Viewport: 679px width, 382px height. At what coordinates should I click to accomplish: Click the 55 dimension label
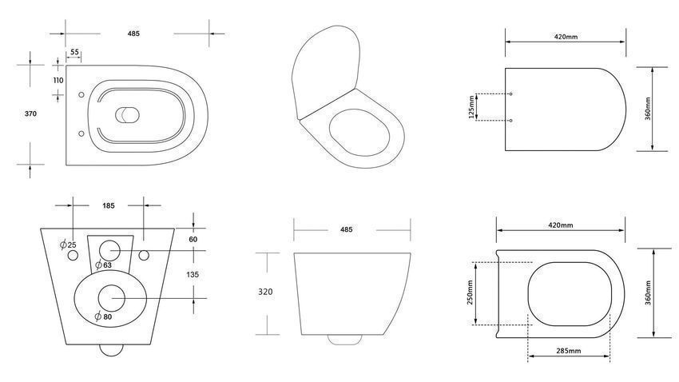(74, 52)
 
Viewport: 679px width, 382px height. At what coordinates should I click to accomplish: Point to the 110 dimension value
(58, 80)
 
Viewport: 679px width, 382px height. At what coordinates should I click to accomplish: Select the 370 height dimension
(30, 114)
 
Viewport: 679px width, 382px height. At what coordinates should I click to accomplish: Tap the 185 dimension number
(109, 205)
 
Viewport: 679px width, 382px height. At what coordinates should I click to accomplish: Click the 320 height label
(265, 292)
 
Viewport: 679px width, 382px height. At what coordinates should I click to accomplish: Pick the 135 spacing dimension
(193, 275)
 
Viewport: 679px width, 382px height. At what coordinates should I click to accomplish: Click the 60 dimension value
(193, 240)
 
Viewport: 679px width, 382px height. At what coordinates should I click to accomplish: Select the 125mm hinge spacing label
(471, 106)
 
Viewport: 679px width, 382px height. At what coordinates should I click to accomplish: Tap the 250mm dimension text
(470, 292)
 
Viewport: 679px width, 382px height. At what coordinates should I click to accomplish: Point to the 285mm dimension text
(569, 351)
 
